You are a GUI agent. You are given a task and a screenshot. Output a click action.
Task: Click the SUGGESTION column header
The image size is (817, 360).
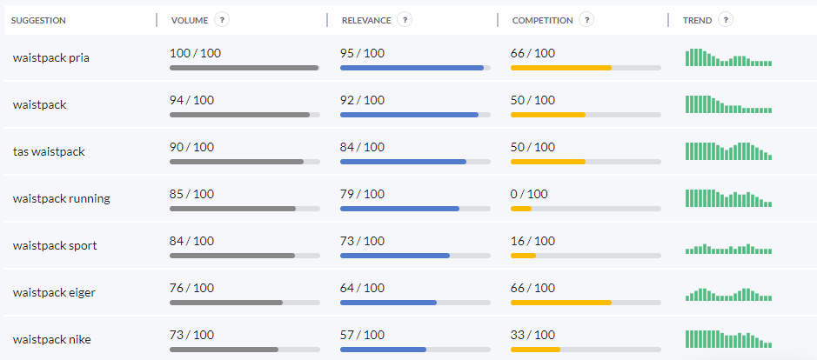tap(38, 20)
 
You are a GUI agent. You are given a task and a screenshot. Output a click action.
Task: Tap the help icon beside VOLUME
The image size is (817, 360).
tap(222, 20)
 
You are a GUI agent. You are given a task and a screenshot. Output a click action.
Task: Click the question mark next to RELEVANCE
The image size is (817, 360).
tap(405, 20)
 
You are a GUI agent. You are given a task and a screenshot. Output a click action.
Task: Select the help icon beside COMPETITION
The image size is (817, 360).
tap(586, 20)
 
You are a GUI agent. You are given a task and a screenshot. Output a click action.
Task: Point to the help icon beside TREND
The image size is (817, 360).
tap(726, 20)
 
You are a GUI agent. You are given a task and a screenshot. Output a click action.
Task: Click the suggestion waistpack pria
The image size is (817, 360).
tap(51, 58)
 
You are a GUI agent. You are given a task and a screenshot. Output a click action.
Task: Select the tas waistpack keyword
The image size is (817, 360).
tap(49, 151)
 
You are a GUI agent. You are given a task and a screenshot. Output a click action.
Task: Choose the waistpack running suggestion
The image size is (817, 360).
tap(61, 198)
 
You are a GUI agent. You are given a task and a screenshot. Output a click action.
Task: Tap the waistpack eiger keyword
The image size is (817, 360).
tap(54, 292)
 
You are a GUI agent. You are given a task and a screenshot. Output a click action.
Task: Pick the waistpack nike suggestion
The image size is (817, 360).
tap(51, 339)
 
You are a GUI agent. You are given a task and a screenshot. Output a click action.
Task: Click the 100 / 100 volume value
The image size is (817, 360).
tap(195, 53)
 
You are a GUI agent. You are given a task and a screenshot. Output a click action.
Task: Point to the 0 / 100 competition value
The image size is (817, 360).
tap(529, 194)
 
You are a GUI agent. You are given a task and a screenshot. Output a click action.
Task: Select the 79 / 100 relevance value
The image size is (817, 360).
tap(362, 194)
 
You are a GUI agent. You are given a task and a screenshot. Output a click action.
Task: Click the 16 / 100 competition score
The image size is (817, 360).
tap(532, 241)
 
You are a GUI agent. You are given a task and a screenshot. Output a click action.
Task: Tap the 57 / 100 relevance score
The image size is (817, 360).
tap(362, 335)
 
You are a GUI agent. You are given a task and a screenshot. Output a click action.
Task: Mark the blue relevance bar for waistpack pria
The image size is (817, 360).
tap(412, 68)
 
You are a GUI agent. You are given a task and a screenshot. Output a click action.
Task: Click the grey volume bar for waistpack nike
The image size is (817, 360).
tap(224, 350)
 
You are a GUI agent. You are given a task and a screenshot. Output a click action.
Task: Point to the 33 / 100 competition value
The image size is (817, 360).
tap(532, 335)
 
